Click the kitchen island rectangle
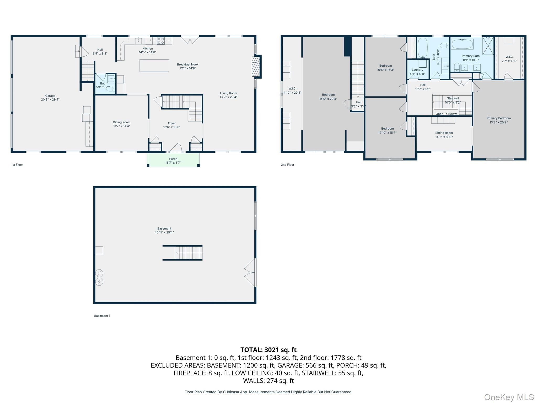point(154,66)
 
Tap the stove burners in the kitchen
point(161,41)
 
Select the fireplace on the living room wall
point(256,67)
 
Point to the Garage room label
point(50,98)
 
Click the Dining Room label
point(122,124)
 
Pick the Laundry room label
point(417,72)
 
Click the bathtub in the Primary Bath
point(462,44)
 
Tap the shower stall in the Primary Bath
point(488,46)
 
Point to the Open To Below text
point(446,114)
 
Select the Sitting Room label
point(444,135)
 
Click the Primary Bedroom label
point(499,120)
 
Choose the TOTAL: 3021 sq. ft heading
point(268,350)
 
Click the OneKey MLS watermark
point(509,397)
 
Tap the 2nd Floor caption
point(288,165)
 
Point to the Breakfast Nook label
point(188,66)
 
